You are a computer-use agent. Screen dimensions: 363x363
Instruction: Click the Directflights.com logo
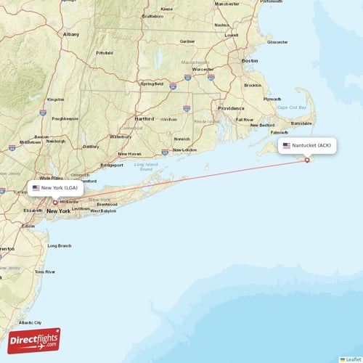tap(34, 340)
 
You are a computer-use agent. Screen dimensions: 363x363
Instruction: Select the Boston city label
tap(250, 60)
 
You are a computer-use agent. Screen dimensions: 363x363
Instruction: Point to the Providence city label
tap(231, 107)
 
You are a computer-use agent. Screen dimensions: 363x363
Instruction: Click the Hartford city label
tap(144, 118)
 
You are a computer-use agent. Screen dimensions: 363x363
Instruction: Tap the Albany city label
tap(71, 34)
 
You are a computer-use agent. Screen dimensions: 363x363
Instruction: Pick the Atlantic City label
tap(30, 322)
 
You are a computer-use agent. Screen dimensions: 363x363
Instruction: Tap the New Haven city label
tap(129, 154)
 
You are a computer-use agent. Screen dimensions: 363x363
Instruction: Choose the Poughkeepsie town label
tap(65, 118)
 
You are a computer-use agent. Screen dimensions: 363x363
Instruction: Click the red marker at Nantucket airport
tap(307, 160)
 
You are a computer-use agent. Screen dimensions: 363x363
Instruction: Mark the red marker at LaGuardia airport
tap(55, 203)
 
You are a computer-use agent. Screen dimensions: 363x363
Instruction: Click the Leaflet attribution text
tap(353, 359)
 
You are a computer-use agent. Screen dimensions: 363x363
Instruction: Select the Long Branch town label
tap(60, 245)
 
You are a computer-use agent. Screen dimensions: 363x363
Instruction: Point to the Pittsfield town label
tap(105, 53)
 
